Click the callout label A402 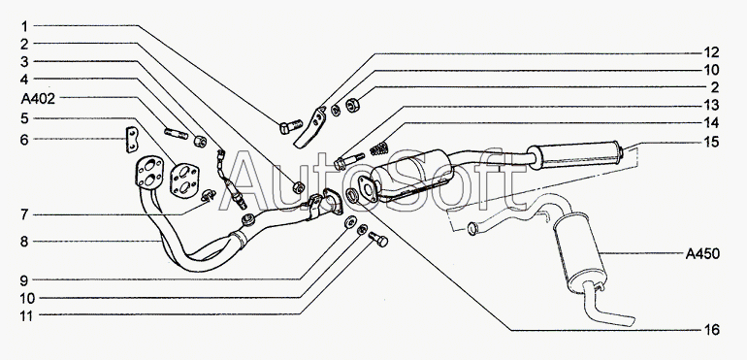click(x=38, y=99)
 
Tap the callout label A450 click(x=702, y=254)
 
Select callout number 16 click(x=712, y=330)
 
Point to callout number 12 click(x=712, y=52)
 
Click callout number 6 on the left click(x=24, y=139)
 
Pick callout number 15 click(x=712, y=142)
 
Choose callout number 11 click(x=27, y=315)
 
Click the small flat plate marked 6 click(x=132, y=140)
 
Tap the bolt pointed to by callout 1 click(x=290, y=126)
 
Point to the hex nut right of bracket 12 click(x=352, y=104)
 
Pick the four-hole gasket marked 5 click(x=184, y=180)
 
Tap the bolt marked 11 click(x=378, y=239)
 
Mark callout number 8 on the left click(x=24, y=242)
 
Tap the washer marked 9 click(x=350, y=221)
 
